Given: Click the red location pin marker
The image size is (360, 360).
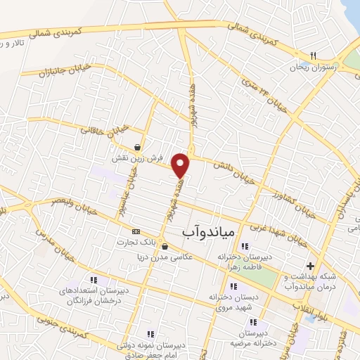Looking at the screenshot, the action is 181,165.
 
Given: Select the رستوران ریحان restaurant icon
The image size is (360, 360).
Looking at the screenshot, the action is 314,56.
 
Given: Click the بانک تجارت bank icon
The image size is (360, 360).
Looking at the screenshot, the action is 136,231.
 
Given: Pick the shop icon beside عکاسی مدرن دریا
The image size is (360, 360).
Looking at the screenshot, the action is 165,246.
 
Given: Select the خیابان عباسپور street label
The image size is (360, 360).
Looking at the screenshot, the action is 131,186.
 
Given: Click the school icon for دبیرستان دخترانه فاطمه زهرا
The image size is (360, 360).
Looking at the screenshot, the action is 244,246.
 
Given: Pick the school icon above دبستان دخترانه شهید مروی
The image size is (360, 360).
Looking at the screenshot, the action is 233,286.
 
